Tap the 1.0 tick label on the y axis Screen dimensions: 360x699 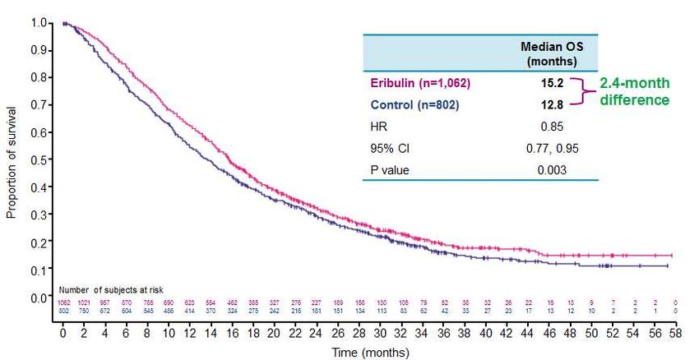39,22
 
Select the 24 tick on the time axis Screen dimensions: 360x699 317,335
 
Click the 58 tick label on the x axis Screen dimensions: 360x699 674,335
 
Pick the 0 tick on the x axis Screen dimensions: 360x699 62,335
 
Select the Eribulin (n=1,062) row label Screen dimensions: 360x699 421,83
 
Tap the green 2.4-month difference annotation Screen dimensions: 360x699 633,91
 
